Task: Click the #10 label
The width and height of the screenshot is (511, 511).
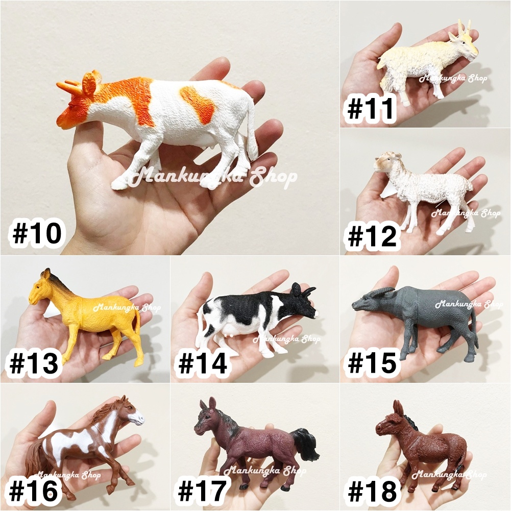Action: (x=37, y=233)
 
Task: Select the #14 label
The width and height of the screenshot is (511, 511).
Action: (x=202, y=363)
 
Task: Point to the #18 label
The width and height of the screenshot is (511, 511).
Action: (x=372, y=491)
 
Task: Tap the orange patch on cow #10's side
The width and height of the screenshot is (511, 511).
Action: (x=197, y=104)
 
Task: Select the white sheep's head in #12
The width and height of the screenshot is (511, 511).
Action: (x=384, y=162)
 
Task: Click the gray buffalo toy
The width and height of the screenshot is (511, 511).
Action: (x=416, y=321)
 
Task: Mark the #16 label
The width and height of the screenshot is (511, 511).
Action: (x=34, y=491)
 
